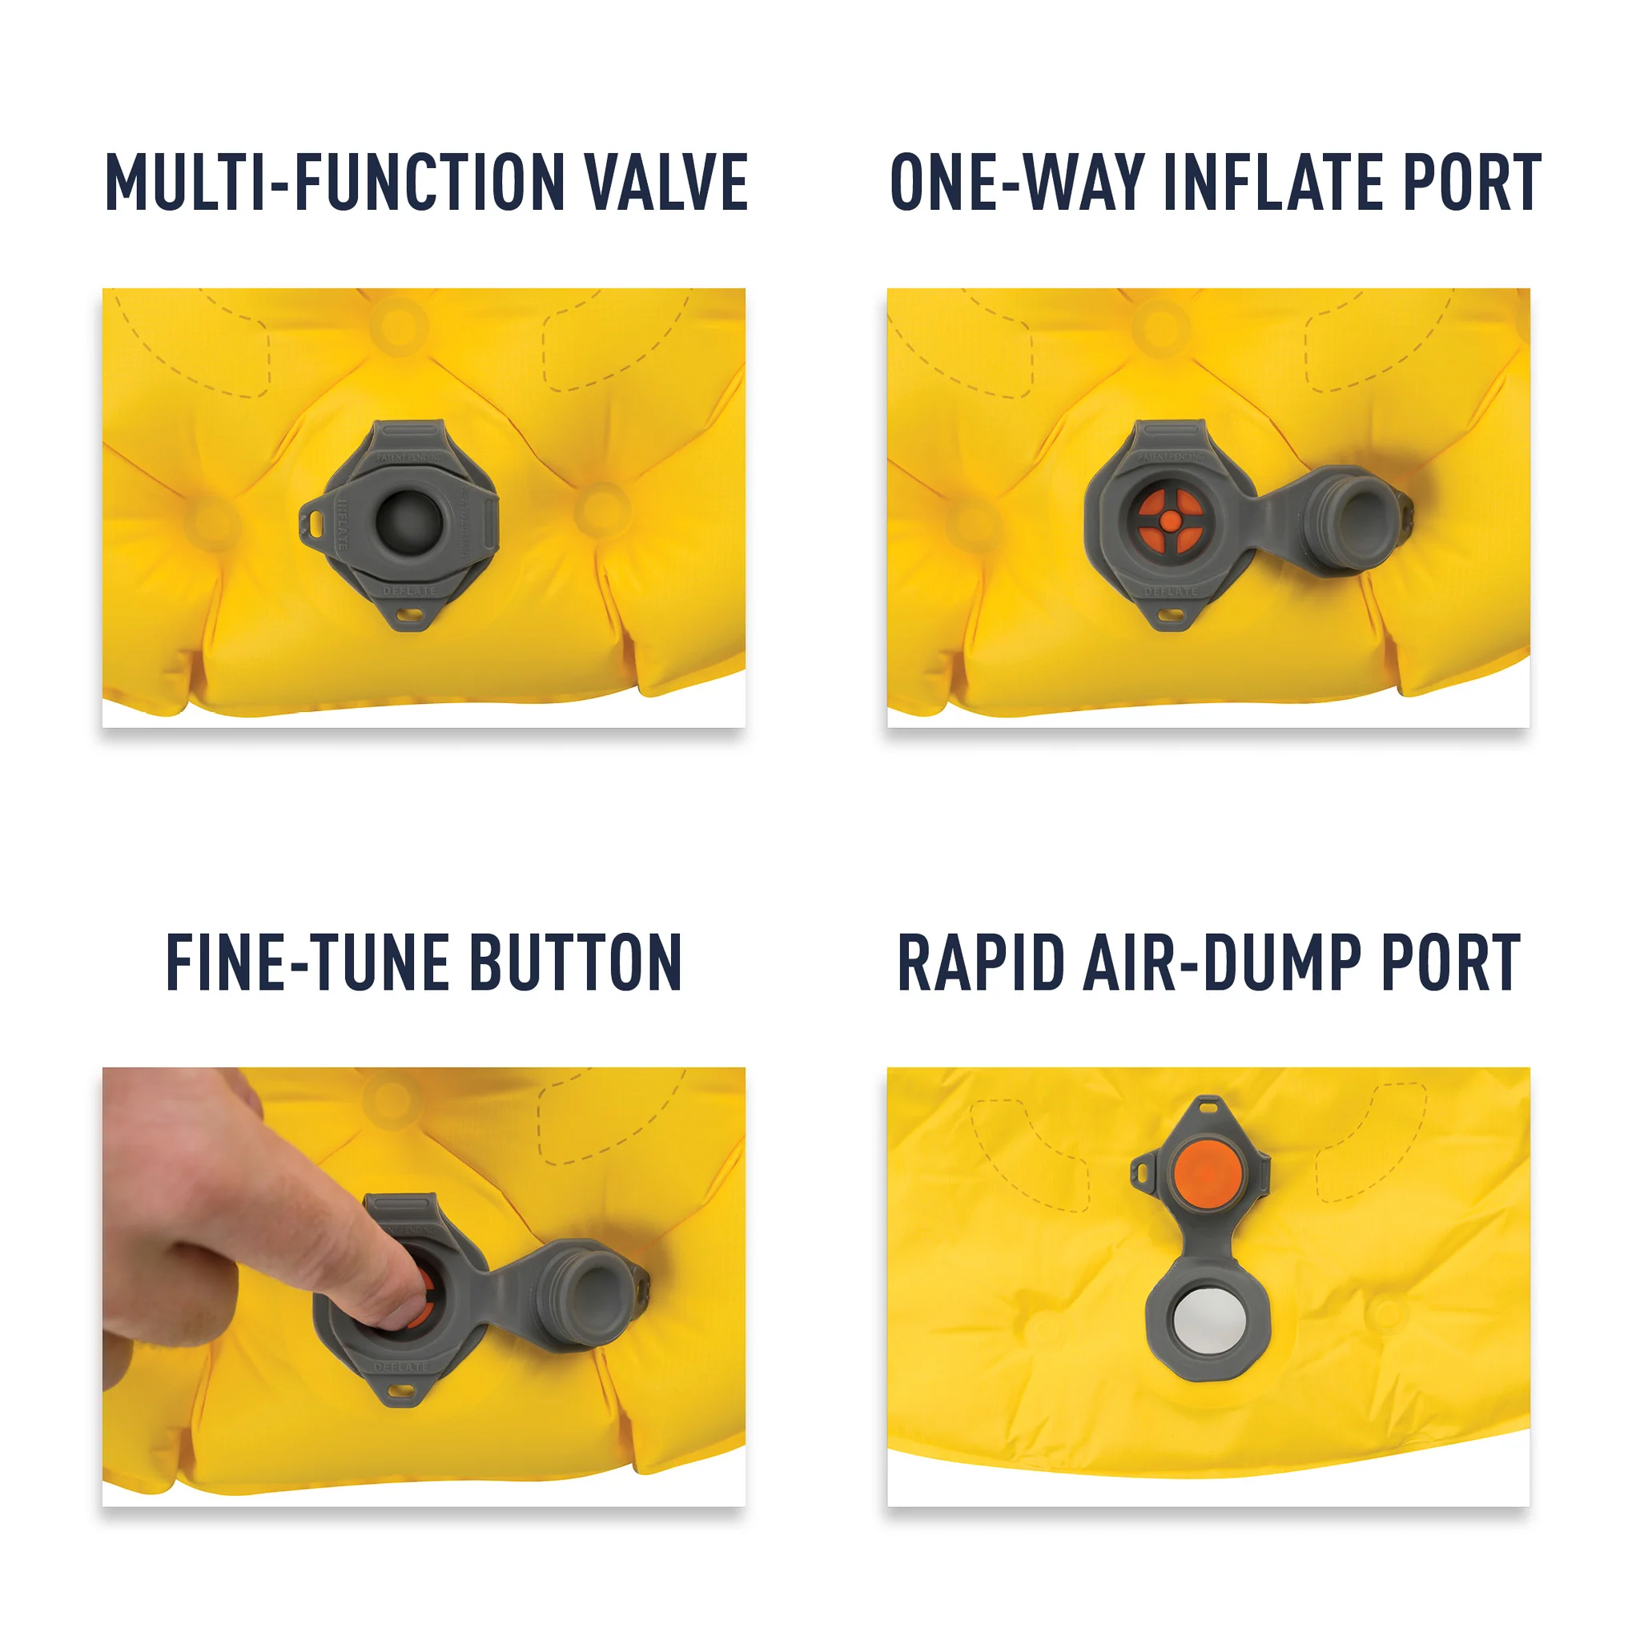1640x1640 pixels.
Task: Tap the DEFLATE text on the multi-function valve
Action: pos(409,590)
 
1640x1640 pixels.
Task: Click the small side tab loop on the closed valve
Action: pos(315,524)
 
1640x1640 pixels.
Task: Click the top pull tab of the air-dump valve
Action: pos(1208,1107)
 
